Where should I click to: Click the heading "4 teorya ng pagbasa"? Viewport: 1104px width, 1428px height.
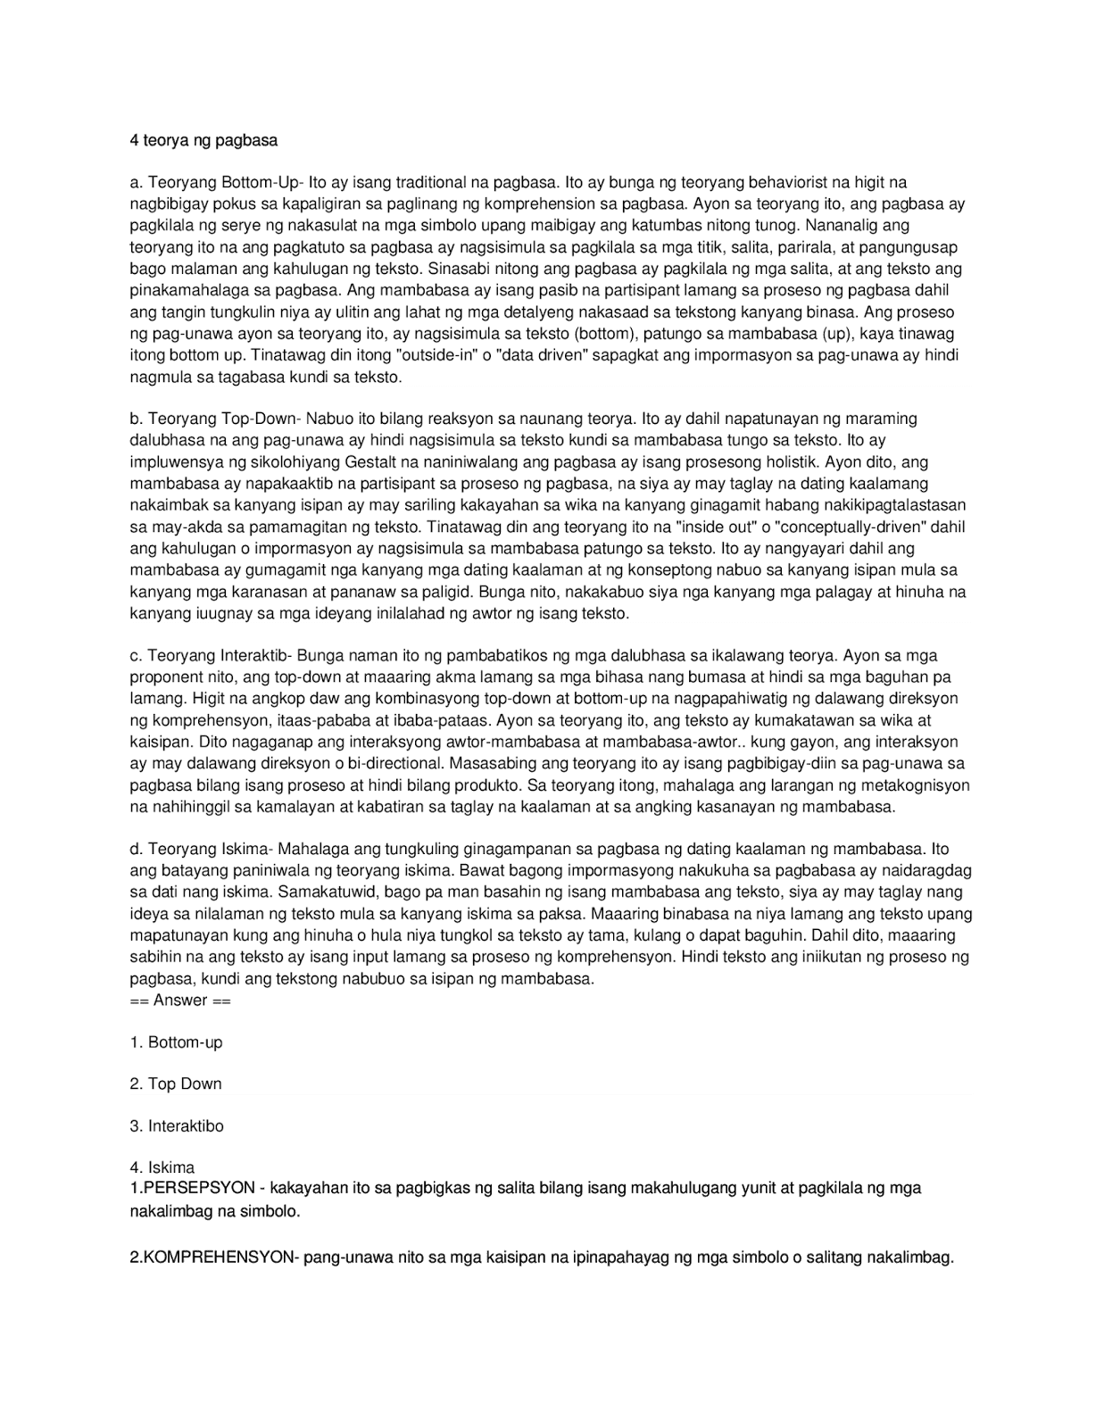(203, 141)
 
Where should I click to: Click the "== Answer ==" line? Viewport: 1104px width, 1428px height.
(180, 1000)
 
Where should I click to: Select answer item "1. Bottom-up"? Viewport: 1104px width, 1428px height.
(176, 1042)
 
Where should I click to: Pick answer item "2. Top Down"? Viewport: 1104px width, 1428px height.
(176, 1084)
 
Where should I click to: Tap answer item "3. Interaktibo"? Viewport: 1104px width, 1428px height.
(177, 1126)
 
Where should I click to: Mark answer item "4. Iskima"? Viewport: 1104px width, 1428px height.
(162, 1167)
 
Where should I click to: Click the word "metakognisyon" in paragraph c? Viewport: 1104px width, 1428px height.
(917, 785)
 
